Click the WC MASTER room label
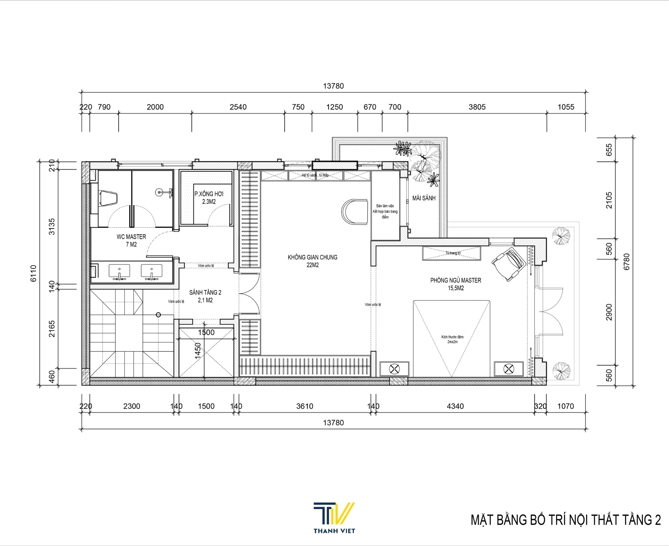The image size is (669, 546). click(x=131, y=240)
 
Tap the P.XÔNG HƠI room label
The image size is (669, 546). click(x=209, y=197)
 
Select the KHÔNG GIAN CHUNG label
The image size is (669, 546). click(x=312, y=261)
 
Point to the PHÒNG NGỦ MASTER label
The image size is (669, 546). click(x=455, y=284)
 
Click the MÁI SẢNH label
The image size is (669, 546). click(x=424, y=198)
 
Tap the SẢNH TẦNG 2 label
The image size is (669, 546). click(x=205, y=296)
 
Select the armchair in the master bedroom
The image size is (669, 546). click(x=508, y=264)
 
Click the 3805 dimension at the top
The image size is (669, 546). click(x=477, y=107)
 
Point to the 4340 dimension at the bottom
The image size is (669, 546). click(x=455, y=406)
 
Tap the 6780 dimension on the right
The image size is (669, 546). click(x=626, y=262)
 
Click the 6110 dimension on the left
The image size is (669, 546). click(x=33, y=273)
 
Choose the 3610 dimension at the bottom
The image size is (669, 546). click(x=304, y=406)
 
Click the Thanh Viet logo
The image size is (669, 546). click(x=334, y=518)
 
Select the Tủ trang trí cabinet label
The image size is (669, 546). click(x=453, y=253)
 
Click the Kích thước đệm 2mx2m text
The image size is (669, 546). click(x=452, y=339)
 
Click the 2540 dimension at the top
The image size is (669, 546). click(x=238, y=107)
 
